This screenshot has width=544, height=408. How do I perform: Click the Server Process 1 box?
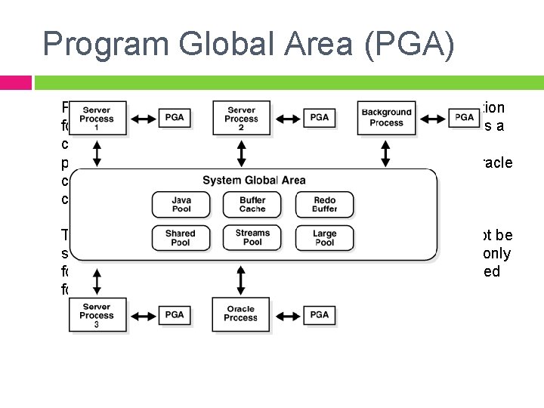click(97, 117)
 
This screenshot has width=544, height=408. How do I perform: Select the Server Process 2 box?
click(241, 117)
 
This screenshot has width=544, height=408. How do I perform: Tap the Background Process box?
click(386, 117)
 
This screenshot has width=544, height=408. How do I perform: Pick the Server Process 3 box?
click(97, 314)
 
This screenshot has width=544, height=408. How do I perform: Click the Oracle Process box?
click(241, 314)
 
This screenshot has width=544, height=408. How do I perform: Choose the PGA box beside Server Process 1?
click(175, 117)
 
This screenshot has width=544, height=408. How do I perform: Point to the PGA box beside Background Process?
click(464, 117)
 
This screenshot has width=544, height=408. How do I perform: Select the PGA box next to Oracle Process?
click(319, 314)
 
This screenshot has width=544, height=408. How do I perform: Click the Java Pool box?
click(181, 204)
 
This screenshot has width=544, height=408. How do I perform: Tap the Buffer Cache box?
click(252, 204)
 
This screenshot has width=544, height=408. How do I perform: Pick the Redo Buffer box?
click(324, 204)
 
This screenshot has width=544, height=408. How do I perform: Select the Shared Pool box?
click(181, 238)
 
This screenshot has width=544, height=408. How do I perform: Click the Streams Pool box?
click(252, 238)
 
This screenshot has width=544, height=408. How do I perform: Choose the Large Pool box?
click(324, 238)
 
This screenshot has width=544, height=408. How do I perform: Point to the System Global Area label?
click(253, 181)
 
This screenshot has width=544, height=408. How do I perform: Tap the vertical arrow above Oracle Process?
click(241, 279)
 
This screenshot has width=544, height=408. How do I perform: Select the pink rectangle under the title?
click(16, 82)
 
